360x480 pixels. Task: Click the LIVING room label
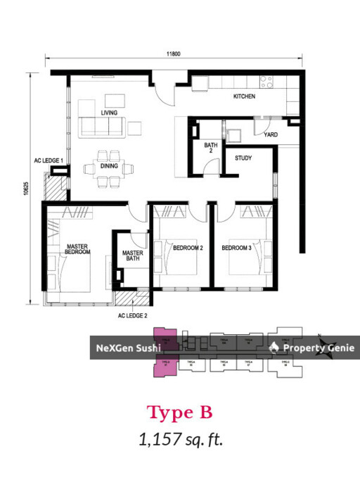coord(109,113)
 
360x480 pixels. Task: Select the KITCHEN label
coord(245,96)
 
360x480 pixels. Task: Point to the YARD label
coord(270,134)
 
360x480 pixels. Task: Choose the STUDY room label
coord(243,158)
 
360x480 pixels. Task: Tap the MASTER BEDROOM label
coord(77,248)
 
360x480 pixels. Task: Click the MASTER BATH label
coord(133,255)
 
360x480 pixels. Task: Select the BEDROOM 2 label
coord(188,248)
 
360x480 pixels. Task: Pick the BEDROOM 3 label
coord(236,248)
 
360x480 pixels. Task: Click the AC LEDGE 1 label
coord(49,160)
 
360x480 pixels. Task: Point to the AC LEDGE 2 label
coord(133,316)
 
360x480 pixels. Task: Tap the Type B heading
coord(179,412)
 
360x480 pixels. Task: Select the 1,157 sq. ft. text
coord(181,441)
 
